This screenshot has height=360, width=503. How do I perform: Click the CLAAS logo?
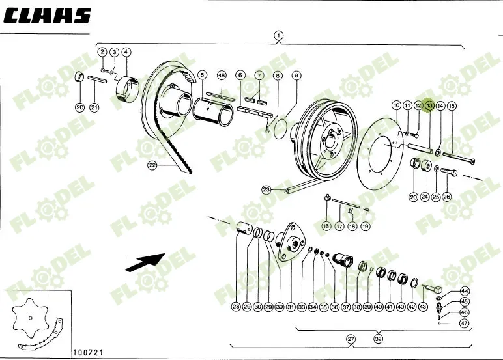pyautogui.click(x=47, y=16)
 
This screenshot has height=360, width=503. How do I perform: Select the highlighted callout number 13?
pyautogui.click(x=429, y=105)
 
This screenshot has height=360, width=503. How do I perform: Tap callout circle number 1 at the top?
pyautogui.click(x=278, y=35)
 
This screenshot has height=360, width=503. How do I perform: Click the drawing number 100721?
pyautogui.click(x=88, y=353)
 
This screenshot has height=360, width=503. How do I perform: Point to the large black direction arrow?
pyautogui.click(x=145, y=262)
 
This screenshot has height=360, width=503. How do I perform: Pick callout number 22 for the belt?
pyautogui.click(x=152, y=165)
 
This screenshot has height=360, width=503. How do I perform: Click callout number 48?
pyautogui.click(x=222, y=76)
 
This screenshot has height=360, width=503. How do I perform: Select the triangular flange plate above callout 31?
pyautogui.click(x=291, y=243)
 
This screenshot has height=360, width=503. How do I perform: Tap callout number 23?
pyautogui.click(x=266, y=190)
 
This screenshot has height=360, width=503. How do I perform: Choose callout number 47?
pyautogui.click(x=464, y=323)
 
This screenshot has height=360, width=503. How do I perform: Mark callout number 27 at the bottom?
pyautogui.click(x=351, y=339)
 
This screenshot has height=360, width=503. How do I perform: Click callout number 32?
pyautogui.click(x=379, y=339)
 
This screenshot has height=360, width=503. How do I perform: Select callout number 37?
pyautogui.click(x=345, y=307)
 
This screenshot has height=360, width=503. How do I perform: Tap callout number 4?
pyautogui.click(x=126, y=51)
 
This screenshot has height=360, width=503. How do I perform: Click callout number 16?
pyautogui.click(x=326, y=226)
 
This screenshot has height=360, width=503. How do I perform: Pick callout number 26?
pyautogui.click(x=446, y=197)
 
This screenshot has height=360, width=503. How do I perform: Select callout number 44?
pyautogui.click(x=464, y=291)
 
